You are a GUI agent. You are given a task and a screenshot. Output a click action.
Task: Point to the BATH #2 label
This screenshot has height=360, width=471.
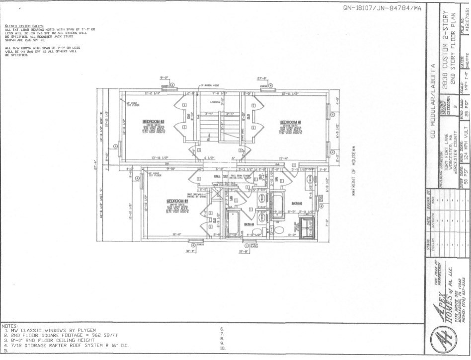pyautogui.click(x=298, y=203)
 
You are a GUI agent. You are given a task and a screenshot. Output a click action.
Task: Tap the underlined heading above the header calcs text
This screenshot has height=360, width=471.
pyautogui.click(x=24, y=26)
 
